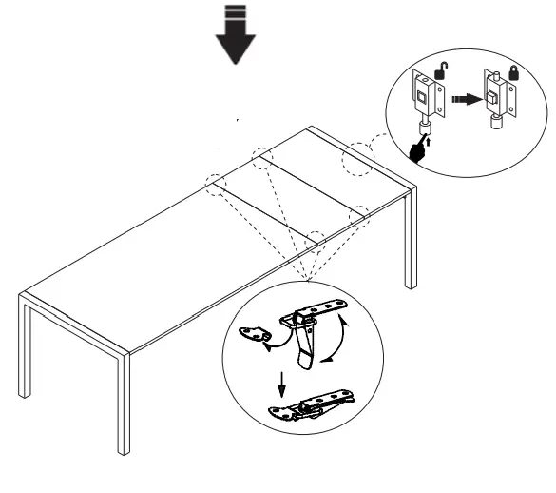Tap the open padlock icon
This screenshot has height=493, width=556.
(x=441, y=68)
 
